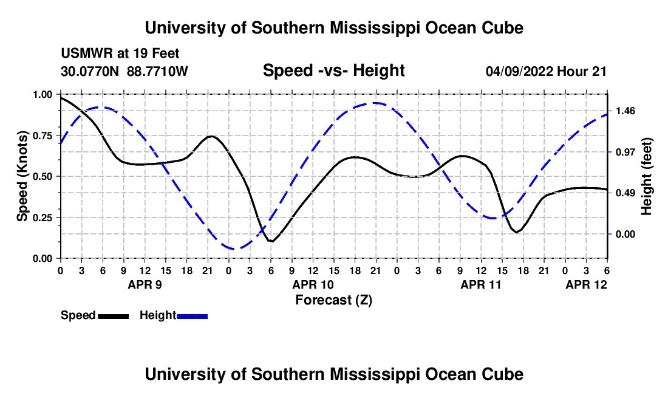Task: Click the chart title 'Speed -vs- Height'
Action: click(x=333, y=70)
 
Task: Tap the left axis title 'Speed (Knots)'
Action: click(x=22, y=176)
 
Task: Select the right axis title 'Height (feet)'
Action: click(x=646, y=176)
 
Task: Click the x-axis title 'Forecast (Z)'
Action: click(x=333, y=300)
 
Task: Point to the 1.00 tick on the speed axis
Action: click(x=46, y=95)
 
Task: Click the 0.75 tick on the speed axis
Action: click(x=46, y=136)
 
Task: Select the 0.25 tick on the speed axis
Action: click(x=46, y=218)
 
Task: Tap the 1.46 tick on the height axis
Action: click(x=625, y=111)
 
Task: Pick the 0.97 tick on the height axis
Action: click(x=625, y=152)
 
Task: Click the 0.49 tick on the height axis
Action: click(x=625, y=193)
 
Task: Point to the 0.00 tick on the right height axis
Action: click(x=625, y=234)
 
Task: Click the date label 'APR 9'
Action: click(x=144, y=284)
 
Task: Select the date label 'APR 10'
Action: click(x=313, y=284)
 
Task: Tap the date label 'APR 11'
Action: click(x=481, y=284)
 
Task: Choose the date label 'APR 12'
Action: click(x=586, y=284)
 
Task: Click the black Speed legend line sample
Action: click(x=113, y=316)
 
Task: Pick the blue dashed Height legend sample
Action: click(x=192, y=316)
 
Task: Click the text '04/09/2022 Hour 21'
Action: click(x=546, y=71)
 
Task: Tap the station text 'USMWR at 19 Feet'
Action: click(x=120, y=54)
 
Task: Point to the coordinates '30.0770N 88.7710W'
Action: click(x=124, y=71)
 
